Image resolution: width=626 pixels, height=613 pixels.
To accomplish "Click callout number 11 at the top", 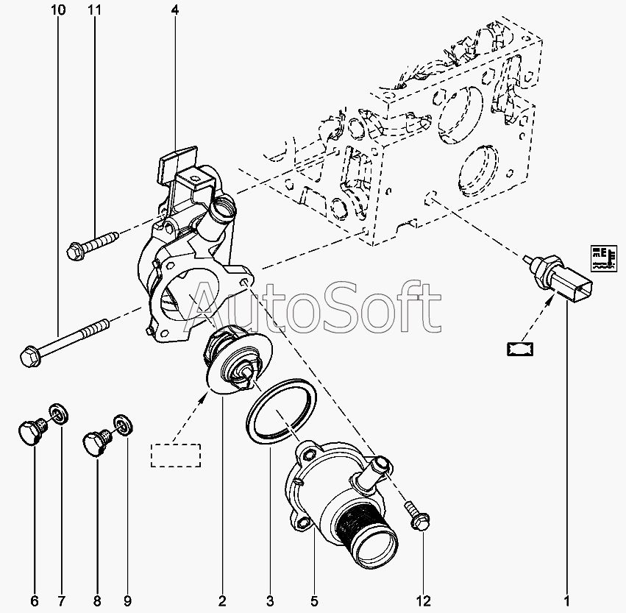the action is [93, 10].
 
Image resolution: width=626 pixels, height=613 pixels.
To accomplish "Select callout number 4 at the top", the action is [174, 10].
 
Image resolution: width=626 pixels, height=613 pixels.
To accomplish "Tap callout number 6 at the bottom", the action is [34, 600].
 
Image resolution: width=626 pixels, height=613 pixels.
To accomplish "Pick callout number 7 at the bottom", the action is [62, 600].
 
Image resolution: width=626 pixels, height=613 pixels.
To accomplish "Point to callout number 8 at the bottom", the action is [97, 600].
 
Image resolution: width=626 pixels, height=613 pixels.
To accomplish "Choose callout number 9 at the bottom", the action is [126, 600].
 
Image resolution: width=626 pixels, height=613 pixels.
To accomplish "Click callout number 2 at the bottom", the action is [222, 600].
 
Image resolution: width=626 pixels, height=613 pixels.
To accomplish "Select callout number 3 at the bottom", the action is [270, 600].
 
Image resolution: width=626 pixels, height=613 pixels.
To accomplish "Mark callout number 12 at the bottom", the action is [424, 600].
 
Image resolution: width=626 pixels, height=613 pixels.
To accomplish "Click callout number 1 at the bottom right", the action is [567, 600].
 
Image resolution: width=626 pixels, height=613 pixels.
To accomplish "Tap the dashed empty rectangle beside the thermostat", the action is [175, 455].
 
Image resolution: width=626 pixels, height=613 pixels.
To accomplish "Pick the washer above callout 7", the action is [57, 415].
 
